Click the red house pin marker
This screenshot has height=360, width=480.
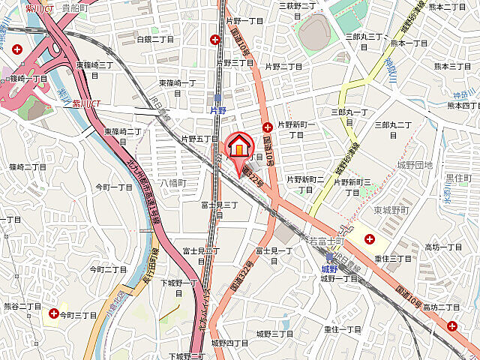(x=238, y=148)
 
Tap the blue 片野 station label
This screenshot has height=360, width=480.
(x=217, y=109)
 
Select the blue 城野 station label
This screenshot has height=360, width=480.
(x=328, y=268)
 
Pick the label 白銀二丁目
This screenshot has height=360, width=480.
(x=156, y=37)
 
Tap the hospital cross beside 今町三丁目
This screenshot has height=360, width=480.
(x=53, y=313)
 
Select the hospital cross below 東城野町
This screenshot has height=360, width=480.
(x=370, y=238)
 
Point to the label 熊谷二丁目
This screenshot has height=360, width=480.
(x=22, y=307)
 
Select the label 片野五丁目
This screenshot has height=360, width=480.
(x=199, y=139)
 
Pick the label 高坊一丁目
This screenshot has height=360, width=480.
(x=443, y=247)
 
